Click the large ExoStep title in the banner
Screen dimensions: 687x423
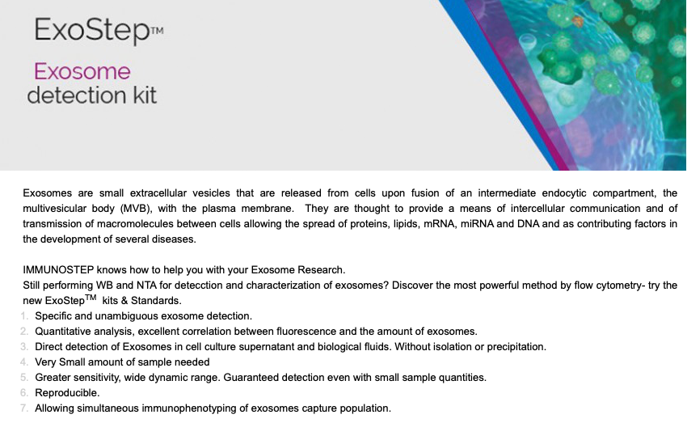[92, 31]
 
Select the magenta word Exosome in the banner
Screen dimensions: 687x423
[82, 71]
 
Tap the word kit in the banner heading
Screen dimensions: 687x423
[145, 95]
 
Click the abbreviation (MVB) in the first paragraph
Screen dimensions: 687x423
[136, 209]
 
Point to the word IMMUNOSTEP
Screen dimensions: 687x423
[58, 269]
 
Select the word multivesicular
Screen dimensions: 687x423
[54, 209]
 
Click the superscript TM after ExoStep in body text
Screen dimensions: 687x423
[91, 298]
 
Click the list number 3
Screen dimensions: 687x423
[24, 347]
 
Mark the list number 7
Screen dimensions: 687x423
[24, 408]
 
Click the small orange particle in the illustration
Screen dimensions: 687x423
[578, 20]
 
